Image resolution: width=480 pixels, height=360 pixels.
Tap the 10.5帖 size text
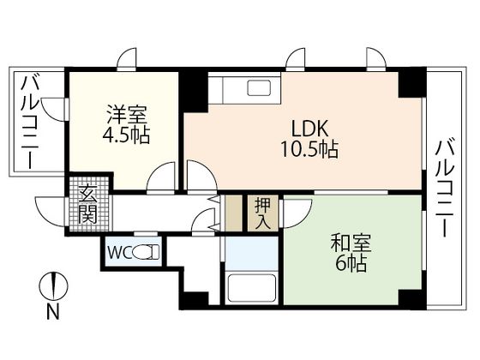click(306, 149)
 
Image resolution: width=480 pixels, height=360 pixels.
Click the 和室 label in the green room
click(348, 242)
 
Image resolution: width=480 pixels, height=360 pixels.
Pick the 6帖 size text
click(348, 265)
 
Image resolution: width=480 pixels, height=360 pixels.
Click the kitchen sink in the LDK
click(256, 87)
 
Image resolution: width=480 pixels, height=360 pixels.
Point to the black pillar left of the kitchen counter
click(193, 87)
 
